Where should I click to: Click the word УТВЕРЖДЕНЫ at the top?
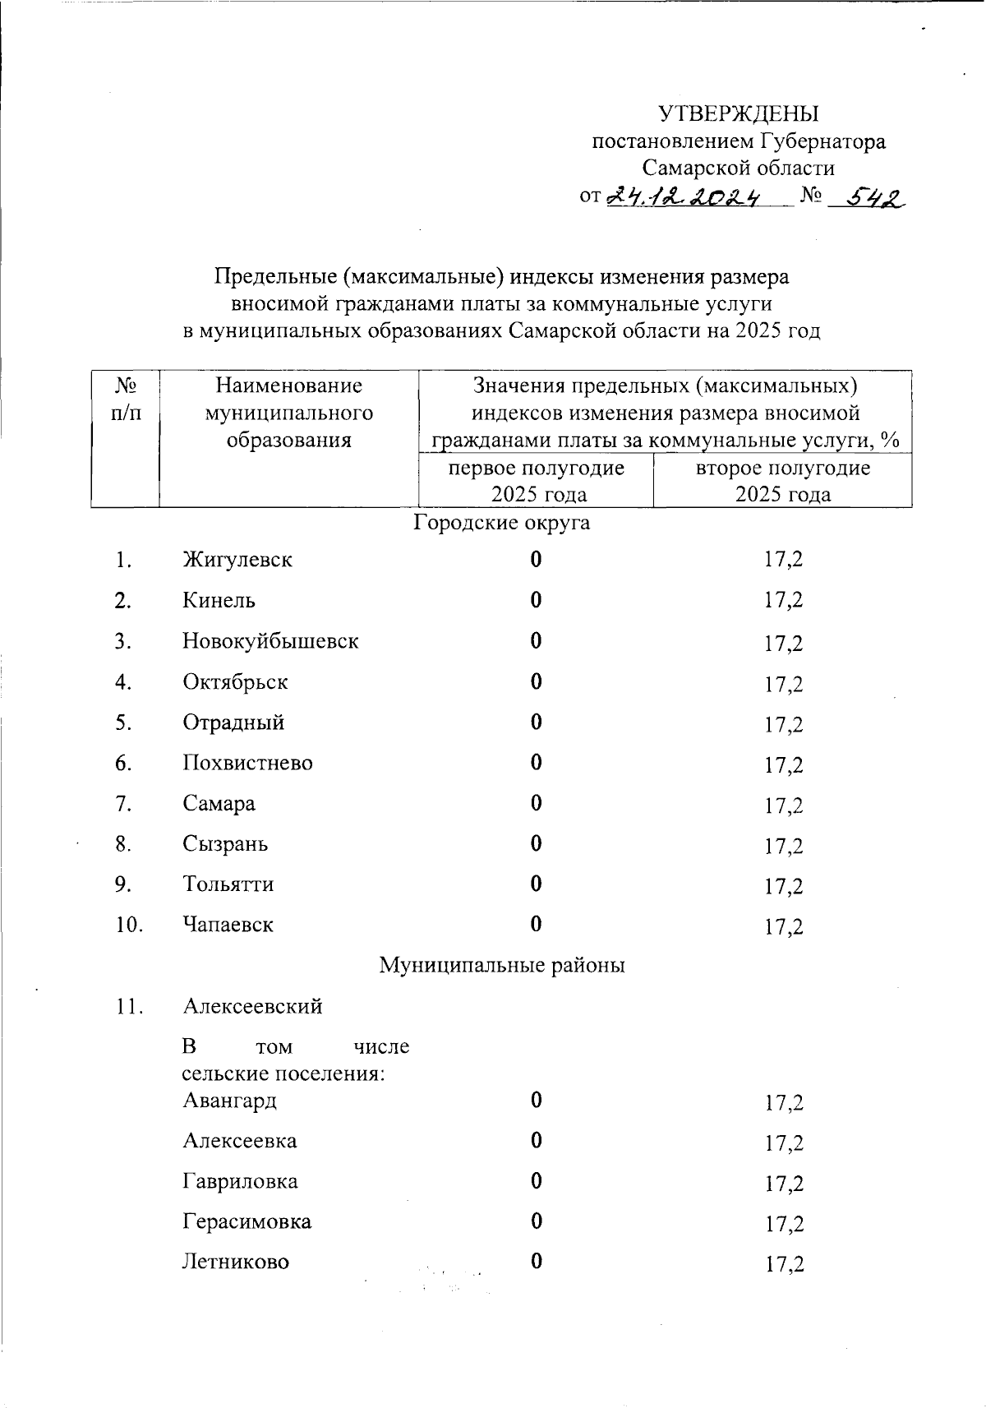click(739, 113)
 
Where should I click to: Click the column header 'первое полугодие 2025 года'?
click(536, 481)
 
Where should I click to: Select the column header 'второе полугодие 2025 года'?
click(782, 481)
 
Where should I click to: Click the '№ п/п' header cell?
click(125, 399)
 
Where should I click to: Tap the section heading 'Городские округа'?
click(501, 523)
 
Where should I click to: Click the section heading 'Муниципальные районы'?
click(501, 965)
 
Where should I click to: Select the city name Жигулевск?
click(237, 561)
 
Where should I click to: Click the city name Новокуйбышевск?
click(270, 641)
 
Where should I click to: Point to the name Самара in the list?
click(219, 803)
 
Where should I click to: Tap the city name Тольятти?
click(228, 884)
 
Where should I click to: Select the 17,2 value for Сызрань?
click(783, 846)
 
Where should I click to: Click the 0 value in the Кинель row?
click(536, 601)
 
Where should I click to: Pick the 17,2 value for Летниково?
click(783, 1264)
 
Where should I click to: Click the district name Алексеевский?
click(252, 1007)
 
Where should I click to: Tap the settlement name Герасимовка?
click(246, 1222)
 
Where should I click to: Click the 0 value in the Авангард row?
click(536, 1101)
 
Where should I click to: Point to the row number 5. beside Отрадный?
click(124, 722)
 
